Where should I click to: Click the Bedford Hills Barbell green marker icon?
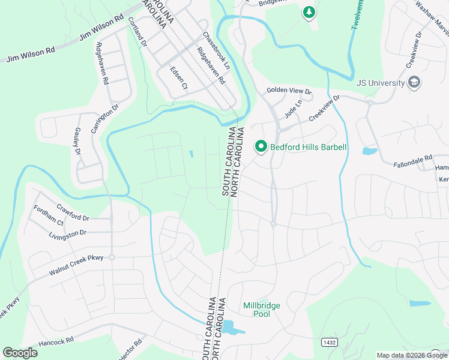click(261, 146)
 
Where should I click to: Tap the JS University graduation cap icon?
click(414, 82)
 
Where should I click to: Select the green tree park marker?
click(309, 12)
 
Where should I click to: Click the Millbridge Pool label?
click(261, 310)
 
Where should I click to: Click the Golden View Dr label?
click(289, 91)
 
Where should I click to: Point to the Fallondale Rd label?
click(413, 161)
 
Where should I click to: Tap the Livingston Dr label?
click(67, 232)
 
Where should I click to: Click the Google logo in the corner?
click(20, 353)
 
